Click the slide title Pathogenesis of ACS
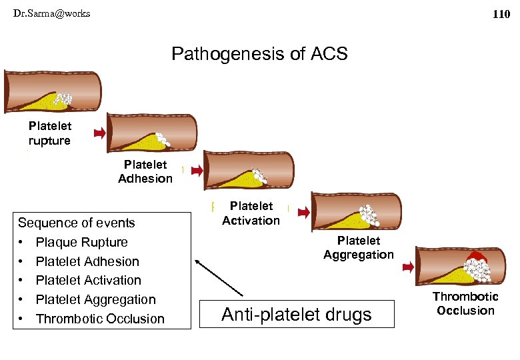pos(259,54)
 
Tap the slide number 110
pos(501,14)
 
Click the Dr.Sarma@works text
pos(51,13)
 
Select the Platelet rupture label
pos(49,133)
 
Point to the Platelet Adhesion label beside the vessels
pos(145,171)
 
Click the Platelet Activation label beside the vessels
pos(251,213)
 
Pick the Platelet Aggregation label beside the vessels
pos(358,247)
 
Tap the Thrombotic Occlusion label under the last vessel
pos(465,303)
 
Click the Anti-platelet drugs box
pos(298,314)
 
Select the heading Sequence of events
pos(76,223)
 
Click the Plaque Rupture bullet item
pos(81,242)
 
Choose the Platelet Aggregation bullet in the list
pos(95,299)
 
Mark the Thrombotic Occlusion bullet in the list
pos(100,319)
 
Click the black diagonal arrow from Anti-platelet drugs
pos(220,276)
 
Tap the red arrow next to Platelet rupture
pos(99,133)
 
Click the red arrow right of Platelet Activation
pos(303,212)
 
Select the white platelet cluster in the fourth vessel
pos(367,215)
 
